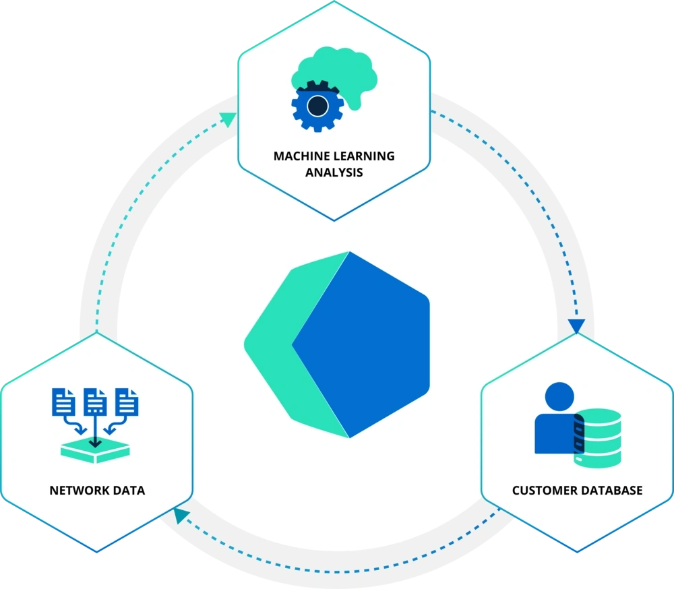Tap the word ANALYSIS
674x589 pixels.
click(334, 173)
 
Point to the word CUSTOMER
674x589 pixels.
click(543, 490)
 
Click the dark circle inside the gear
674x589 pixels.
click(317, 106)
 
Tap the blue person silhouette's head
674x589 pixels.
click(560, 396)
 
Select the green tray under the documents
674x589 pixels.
click(95, 452)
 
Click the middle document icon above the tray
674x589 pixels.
click(95, 402)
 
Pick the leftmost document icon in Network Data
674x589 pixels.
click(64, 402)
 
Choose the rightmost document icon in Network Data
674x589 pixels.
click(127, 402)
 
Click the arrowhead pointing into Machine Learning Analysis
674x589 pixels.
click(228, 119)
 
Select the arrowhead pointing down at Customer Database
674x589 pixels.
click(576, 327)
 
